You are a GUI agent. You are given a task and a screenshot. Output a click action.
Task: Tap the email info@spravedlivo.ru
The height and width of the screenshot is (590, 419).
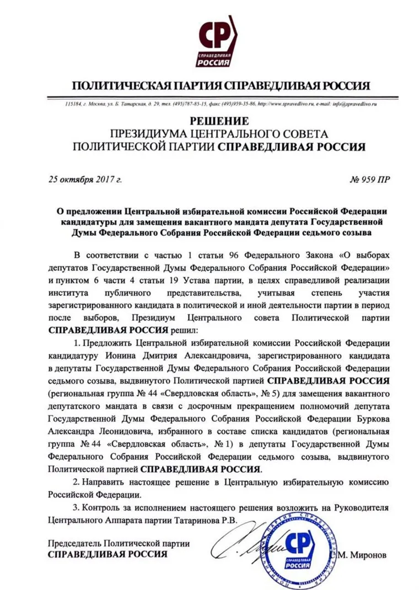353,104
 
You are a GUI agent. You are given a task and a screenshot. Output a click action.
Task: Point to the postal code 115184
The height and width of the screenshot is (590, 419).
73,104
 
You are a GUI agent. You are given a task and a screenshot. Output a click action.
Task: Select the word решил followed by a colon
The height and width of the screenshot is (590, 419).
182,330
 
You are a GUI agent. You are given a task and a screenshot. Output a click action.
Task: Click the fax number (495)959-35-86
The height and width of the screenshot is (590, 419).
238,104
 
